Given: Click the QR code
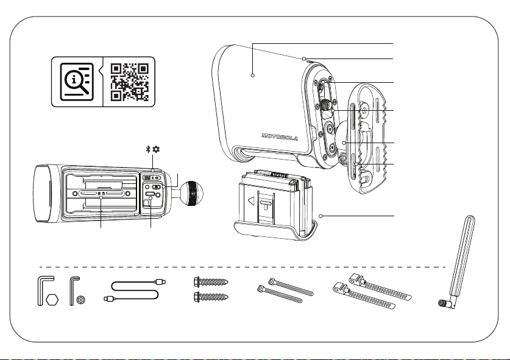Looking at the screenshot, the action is pyautogui.click(x=130, y=82).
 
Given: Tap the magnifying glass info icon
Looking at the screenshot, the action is pyautogui.click(x=77, y=82).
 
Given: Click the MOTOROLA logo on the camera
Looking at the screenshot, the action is pyautogui.click(x=280, y=137).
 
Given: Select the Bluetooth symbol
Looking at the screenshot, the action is pyautogui.click(x=148, y=149).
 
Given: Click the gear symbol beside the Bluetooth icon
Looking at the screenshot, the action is pyautogui.click(x=156, y=149).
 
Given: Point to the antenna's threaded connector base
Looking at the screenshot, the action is pyautogui.click(x=443, y=303).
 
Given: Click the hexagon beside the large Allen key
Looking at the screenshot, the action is pyautogui.click(x=52, y=300).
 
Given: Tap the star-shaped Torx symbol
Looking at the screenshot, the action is pyautogui.click(x=81, y=300).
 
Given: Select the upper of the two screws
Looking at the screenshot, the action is pyautogui.click(x=211, y=281).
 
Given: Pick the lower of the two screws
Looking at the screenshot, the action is pyautogui.click(x=211, y=297).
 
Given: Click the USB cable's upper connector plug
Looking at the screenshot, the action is pyautogui.click(x=161, y=281).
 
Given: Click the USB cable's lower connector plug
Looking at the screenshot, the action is pyautogui.click(x=108, y=298).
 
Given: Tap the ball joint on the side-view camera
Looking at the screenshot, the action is pyautogui.click(x=191, y=193).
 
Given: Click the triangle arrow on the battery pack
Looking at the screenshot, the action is pyautogui.click(x=251, y=201).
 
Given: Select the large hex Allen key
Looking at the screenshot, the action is pyautogui.click(x=45, y=291).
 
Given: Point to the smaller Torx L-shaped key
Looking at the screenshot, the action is pyautogui.click(x=74, y=291).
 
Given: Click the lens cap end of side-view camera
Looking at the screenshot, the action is pyautogui.click(x=43, y=194).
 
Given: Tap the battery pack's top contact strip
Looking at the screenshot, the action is pyautogui.click(x=280, y=175).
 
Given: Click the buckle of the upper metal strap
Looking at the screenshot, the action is pyautogui.click(x=357, y=278).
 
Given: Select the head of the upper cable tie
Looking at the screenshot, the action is pyautogui.click(x=272, y=281).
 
